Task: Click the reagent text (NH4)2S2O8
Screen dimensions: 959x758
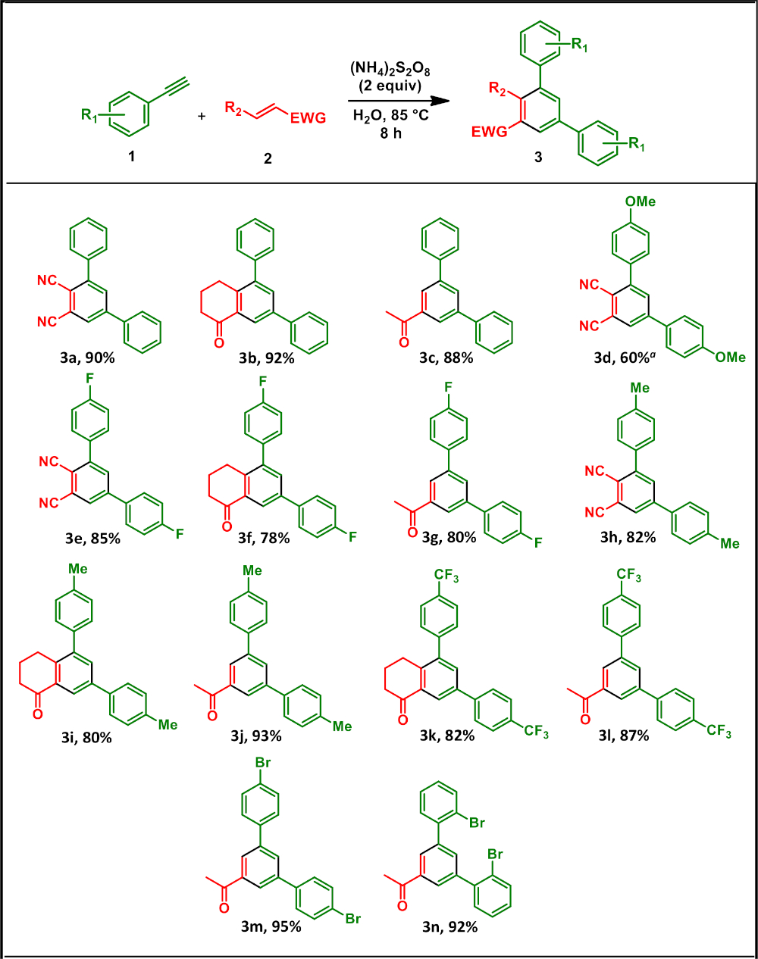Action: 390,69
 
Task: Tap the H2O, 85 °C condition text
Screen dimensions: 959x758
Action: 390,116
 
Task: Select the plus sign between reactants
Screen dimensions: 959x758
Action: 202,117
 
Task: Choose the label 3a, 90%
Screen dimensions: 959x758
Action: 88,358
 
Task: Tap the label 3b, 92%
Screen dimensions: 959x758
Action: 267,358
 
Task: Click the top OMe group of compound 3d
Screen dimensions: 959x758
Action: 640,201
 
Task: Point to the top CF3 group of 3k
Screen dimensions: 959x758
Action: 446,577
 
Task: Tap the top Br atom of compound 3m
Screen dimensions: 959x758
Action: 262,763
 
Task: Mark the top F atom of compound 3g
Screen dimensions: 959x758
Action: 448,387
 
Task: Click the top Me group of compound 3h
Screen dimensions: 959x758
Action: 640,388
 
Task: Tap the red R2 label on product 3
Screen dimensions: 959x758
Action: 497,89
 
